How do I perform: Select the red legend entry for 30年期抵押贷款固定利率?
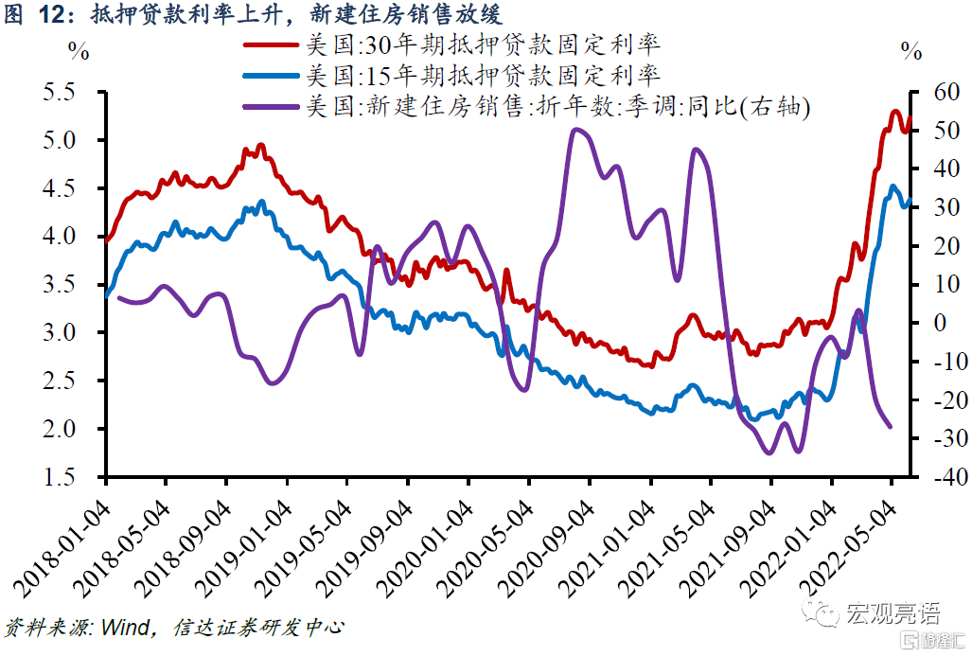[483, 44]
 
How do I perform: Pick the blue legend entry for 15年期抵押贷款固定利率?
[483, 75]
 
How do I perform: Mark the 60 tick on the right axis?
[937, 92]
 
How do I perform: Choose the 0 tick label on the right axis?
[941, 323]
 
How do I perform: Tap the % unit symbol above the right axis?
[911, 53]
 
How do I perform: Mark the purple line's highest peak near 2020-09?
[578, 130]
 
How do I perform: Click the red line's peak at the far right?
[894, 111]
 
